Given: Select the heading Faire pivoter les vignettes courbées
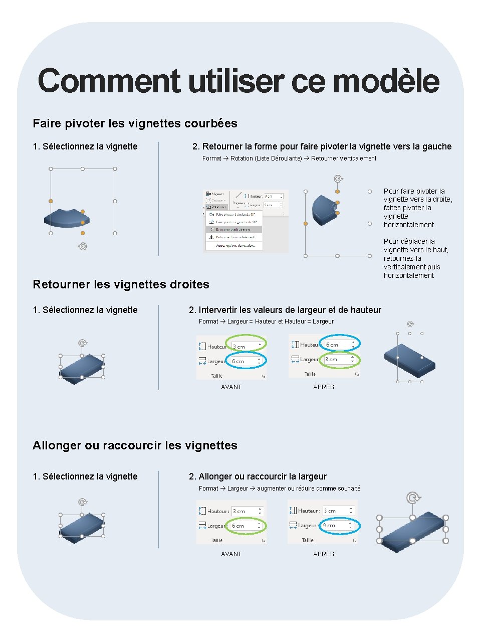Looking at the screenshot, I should coord(135,123).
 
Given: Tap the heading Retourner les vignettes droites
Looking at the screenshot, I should coord(121,284).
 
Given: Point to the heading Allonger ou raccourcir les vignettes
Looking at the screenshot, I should coord(135,445).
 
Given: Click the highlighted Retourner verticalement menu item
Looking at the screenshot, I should coord(233,230).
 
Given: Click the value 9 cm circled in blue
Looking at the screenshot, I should coord(330,526).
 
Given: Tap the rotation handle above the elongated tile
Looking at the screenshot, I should coord(413,498).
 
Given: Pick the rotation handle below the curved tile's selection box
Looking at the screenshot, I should coord(83,246).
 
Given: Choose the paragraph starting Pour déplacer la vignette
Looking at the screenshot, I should coord(415,258).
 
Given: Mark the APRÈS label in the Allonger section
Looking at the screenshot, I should coord(324,554).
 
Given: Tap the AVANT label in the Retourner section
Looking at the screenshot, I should coord(231,387).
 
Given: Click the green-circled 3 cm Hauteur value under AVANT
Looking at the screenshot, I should coord(239,347).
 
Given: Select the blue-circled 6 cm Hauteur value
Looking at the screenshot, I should coord(333,345).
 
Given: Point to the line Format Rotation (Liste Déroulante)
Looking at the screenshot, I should coord(289,158).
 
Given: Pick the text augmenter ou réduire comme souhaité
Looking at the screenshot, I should coord(309,489).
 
